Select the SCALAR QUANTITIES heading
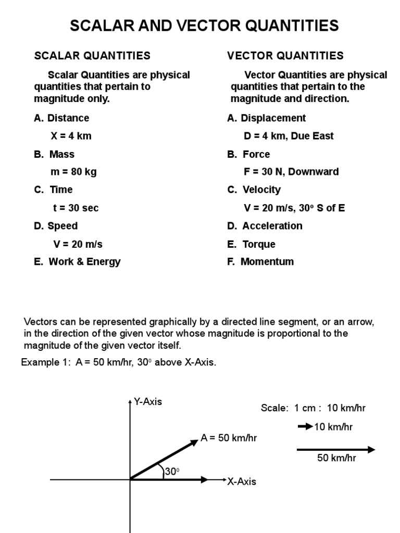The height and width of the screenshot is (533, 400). (x=92, y=55)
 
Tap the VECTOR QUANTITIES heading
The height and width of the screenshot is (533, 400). (x=285, y=55)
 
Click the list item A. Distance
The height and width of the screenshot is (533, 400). (x=61, y=118)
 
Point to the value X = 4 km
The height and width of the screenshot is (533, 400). (x=71, y=136)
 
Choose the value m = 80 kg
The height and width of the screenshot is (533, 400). (x=73, y=172)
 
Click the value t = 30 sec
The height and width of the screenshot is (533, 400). (x=76, y=208)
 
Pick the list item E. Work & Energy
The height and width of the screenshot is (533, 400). (x=77, y=262)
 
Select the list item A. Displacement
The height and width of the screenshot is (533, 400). (x=267, y=118)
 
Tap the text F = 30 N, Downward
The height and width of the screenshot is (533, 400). (x=291, y=172)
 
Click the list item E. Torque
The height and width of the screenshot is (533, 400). (x=252, y=244)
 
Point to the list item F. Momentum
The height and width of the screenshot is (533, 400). (x=260, y=262)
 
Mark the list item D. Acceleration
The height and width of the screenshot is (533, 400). (x=265, y=226)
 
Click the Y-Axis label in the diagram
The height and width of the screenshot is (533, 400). (x=148, y=402)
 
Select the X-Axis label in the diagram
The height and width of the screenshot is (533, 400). (x=242, y=481)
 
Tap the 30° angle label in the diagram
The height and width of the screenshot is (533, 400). (x=172, y=472)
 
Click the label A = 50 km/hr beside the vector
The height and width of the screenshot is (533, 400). (x=229, y=438)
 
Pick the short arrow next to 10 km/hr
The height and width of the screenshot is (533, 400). (x=305, y=427)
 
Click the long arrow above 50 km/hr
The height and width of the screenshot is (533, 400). (x=336, y=450)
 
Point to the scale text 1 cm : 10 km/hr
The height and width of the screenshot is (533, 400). (x=313, y=408)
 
